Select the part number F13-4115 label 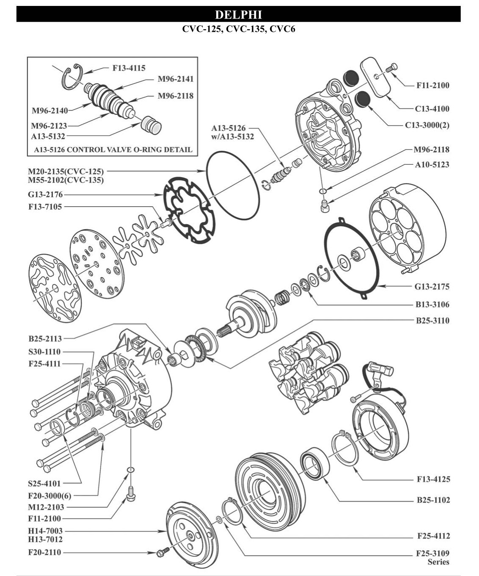(129, 68)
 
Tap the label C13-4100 (432, 108)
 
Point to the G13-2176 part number (45, 195)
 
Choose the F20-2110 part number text (44, 552)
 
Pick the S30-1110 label (44, 352)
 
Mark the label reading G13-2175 (432, 286)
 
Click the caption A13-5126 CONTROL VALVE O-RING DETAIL (113, 150)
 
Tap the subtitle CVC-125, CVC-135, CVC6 (239, 30)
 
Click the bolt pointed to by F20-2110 (162, 553)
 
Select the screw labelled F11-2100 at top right (392, 68)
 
